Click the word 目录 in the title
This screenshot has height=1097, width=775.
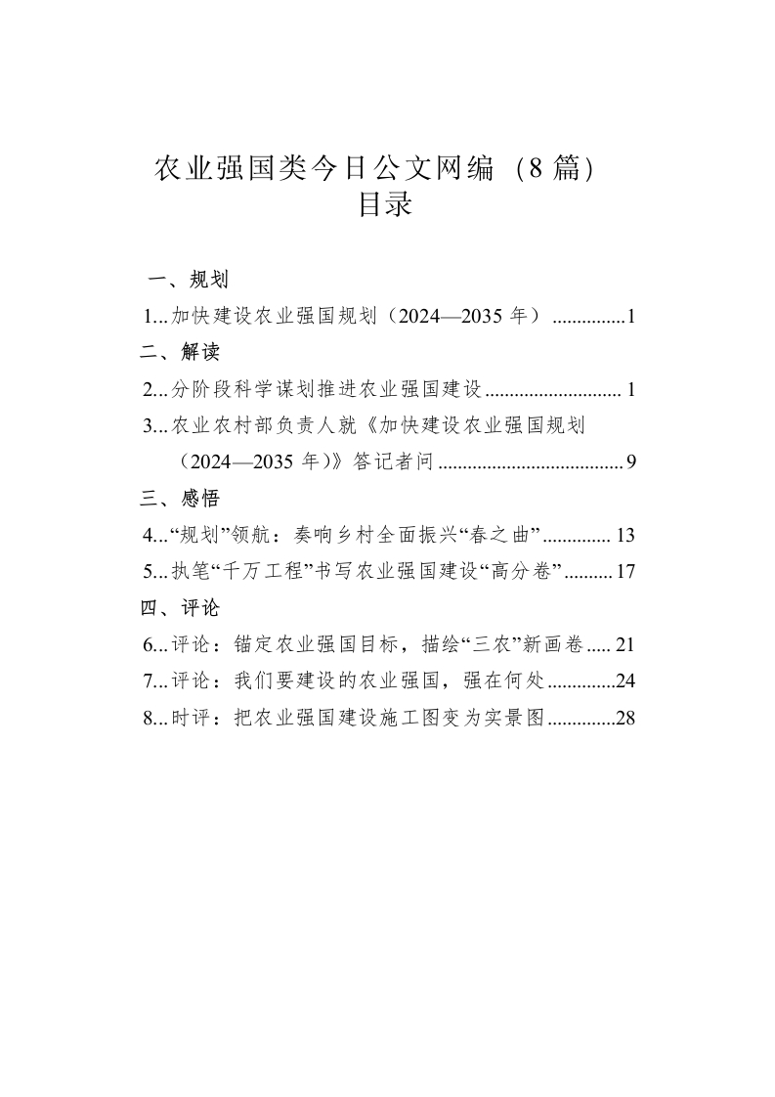pyautogui.click(x=387, y=206)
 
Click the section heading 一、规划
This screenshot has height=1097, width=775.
pyautogui.click(x=188, y=282)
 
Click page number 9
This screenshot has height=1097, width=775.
pyautogui.click(x=631, y=463)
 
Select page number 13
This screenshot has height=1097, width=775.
pyautogui.click(x=626, y=536)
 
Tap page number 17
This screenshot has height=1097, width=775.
pyautogui.click(x=626, y=572)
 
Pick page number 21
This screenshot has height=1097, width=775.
pyautogui.click(x=626, y=645)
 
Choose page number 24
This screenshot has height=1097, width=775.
pyautogui.click(x=626, y=681)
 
